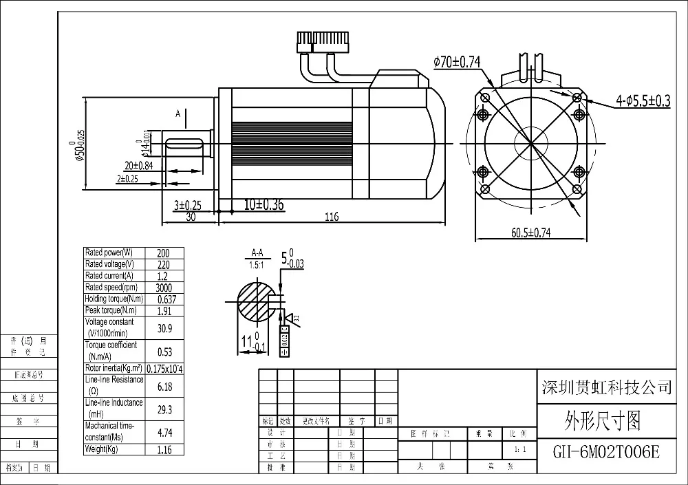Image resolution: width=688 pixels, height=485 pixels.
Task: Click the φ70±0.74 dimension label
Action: click(457, 63)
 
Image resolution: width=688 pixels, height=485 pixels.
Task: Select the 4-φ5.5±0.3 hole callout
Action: click(643, 101)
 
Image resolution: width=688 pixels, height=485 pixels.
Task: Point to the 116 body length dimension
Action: click(332, 217)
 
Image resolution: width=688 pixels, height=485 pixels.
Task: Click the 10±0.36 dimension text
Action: click(264, 205)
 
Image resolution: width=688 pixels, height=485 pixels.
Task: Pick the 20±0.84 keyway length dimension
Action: click(138, 166)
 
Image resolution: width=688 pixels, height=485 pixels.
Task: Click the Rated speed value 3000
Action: click(165, 288)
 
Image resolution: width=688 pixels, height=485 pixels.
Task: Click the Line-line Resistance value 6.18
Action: click(165, 387)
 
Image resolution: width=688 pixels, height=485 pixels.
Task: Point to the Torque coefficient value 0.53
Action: click(165, 352)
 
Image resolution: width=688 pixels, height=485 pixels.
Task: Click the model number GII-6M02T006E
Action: click(606, 452)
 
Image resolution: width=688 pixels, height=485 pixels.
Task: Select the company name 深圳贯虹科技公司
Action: click(606, 387)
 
